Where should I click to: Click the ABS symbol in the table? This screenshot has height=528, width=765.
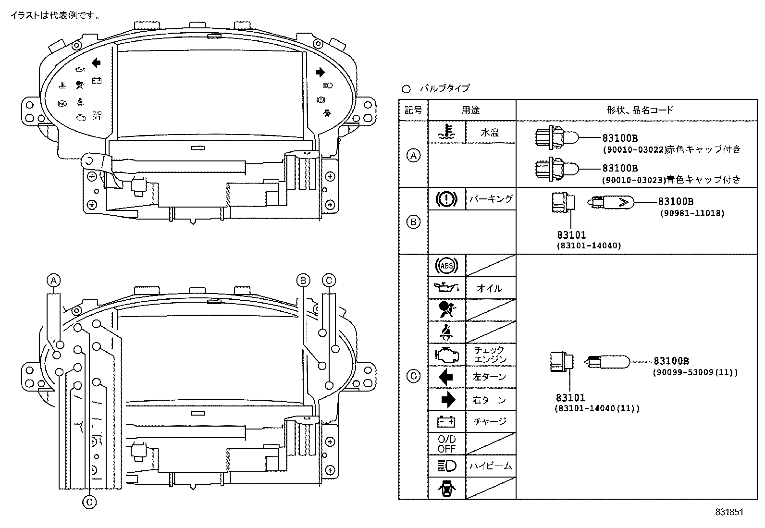446,265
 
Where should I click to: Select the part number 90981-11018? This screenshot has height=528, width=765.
691,213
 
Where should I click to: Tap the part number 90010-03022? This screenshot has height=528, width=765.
634,150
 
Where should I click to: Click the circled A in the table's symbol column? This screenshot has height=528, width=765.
413,155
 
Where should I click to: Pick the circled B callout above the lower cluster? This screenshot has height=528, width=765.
303,281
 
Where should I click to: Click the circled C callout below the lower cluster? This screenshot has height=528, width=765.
89,503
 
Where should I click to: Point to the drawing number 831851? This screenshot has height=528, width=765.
729,512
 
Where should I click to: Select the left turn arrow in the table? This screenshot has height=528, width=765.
446,377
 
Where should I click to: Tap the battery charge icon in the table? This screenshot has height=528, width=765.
446,421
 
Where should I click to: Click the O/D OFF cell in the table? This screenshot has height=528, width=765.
446,443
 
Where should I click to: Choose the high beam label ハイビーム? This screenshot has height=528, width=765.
491,466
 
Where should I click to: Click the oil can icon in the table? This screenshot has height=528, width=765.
446,288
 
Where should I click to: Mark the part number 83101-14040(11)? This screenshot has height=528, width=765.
597,408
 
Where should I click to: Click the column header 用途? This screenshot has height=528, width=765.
471,110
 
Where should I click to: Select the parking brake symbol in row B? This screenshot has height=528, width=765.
446,199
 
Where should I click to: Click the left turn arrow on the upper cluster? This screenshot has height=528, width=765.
96,62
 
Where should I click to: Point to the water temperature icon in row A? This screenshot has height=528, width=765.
446,132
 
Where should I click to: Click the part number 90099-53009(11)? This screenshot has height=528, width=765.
695,372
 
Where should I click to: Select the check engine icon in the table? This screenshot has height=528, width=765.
446,355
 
